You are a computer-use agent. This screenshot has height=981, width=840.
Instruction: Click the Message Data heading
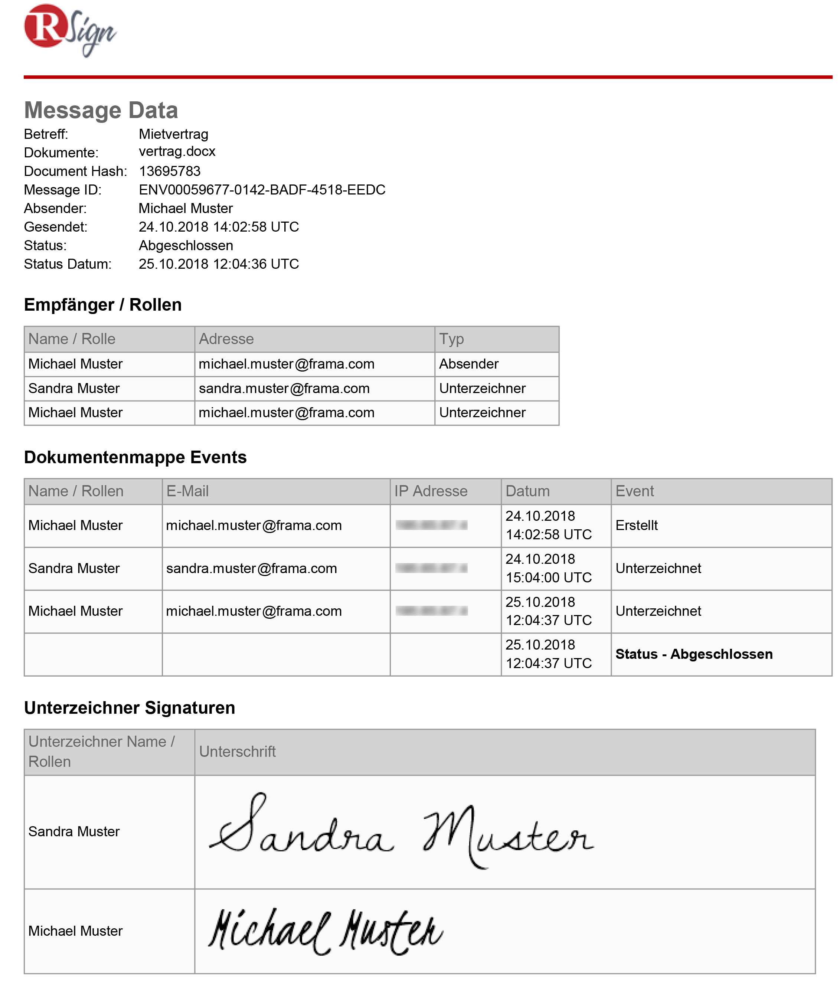click(101, 110)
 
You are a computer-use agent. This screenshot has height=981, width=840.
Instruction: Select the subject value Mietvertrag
click(173, 134)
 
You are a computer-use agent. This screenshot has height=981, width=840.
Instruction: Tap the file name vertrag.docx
click(177, 151)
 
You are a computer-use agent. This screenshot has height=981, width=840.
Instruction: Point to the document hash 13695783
click(170, 171)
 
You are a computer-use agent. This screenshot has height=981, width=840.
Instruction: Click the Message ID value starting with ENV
click(262, 190)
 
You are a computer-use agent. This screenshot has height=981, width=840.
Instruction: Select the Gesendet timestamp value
click(218, 227)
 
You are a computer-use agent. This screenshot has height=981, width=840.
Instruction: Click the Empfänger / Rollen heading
click(103, 304)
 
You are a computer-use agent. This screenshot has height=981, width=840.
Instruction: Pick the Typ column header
click(451, 339)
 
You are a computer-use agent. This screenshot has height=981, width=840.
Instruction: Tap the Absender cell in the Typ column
click(468, 364)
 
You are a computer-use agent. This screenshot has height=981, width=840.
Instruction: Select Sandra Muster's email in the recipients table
click(284, 388)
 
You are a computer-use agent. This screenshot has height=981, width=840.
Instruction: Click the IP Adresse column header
click(431, 491)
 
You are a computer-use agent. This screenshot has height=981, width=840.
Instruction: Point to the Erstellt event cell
click(636, 525)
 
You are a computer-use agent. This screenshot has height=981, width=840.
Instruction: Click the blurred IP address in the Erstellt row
click(431, 525)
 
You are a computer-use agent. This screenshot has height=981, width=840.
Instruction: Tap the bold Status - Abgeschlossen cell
click(694, 654)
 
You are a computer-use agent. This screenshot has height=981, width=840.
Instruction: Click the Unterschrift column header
click(237, 751)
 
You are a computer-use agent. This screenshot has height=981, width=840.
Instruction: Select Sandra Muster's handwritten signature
click(401, 832)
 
